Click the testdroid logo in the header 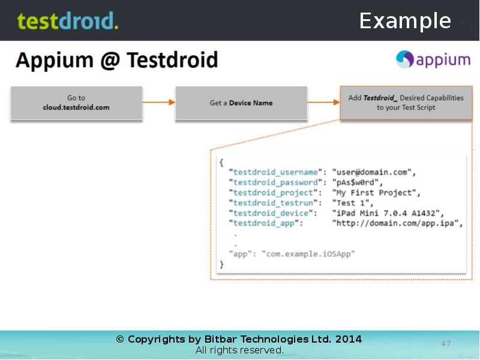[x=68, y=21]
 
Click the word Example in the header [x=405, y=21]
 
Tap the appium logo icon [x=405, y=59]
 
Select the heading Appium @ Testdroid [x=116, y=60]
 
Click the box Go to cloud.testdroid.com [x=76, y=103]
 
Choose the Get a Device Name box [x=241, y=103]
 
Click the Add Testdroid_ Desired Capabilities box [x=406, y=103]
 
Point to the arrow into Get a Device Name [x=159, y=103]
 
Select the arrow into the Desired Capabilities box [x=324, y=103]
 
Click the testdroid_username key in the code [x=275, y=172]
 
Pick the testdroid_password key [x=275, y=182]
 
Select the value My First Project [x=378, y=193]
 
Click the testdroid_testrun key [x=273, y=203]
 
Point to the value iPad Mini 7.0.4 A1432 [x=388, y=213]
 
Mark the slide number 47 [x=446, y=344]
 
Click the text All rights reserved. [x=239, y=350]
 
